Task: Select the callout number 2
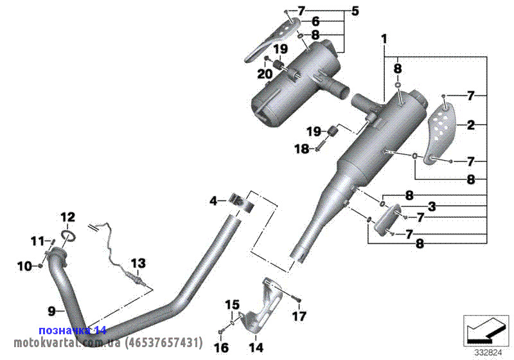click(x=471, y=125)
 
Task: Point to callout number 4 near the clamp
click(x=213, y=201)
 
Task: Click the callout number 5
click(x=355, y=11)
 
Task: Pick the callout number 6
click(x=315, y=22)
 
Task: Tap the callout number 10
click(x=24, y=265)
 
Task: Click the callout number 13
click(x=138, y=263)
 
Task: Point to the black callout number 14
click(x=256, y=348)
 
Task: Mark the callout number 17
click(x=299, y=316)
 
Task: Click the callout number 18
click(x=302, y=148)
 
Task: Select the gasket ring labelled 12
click(x=68, y=235)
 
